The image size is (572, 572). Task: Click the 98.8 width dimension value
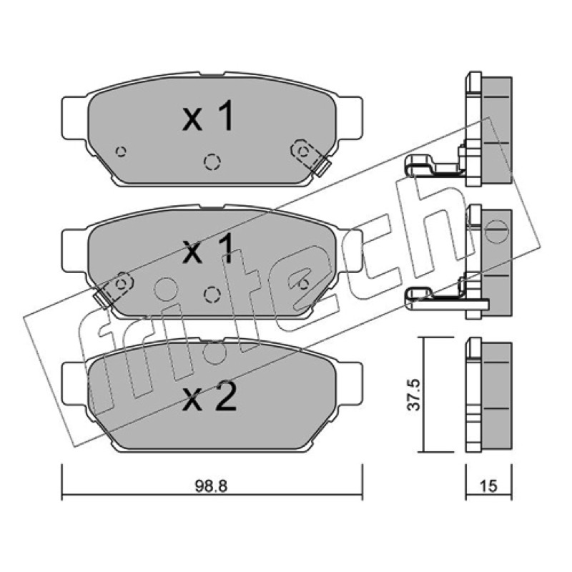tap(211, 485)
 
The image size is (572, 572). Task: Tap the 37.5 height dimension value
tap(414, 395)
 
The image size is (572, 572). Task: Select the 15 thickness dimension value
tap(488, 485)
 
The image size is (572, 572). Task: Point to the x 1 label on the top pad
tap(208, 116)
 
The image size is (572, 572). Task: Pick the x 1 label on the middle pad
tap(208, 249)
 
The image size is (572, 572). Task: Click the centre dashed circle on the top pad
tap(212, 162)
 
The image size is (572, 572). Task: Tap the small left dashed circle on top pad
tap(121, 151)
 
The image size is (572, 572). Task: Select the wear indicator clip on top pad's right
tap(310, 157)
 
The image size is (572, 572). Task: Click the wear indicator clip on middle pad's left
tap(114, 290)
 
